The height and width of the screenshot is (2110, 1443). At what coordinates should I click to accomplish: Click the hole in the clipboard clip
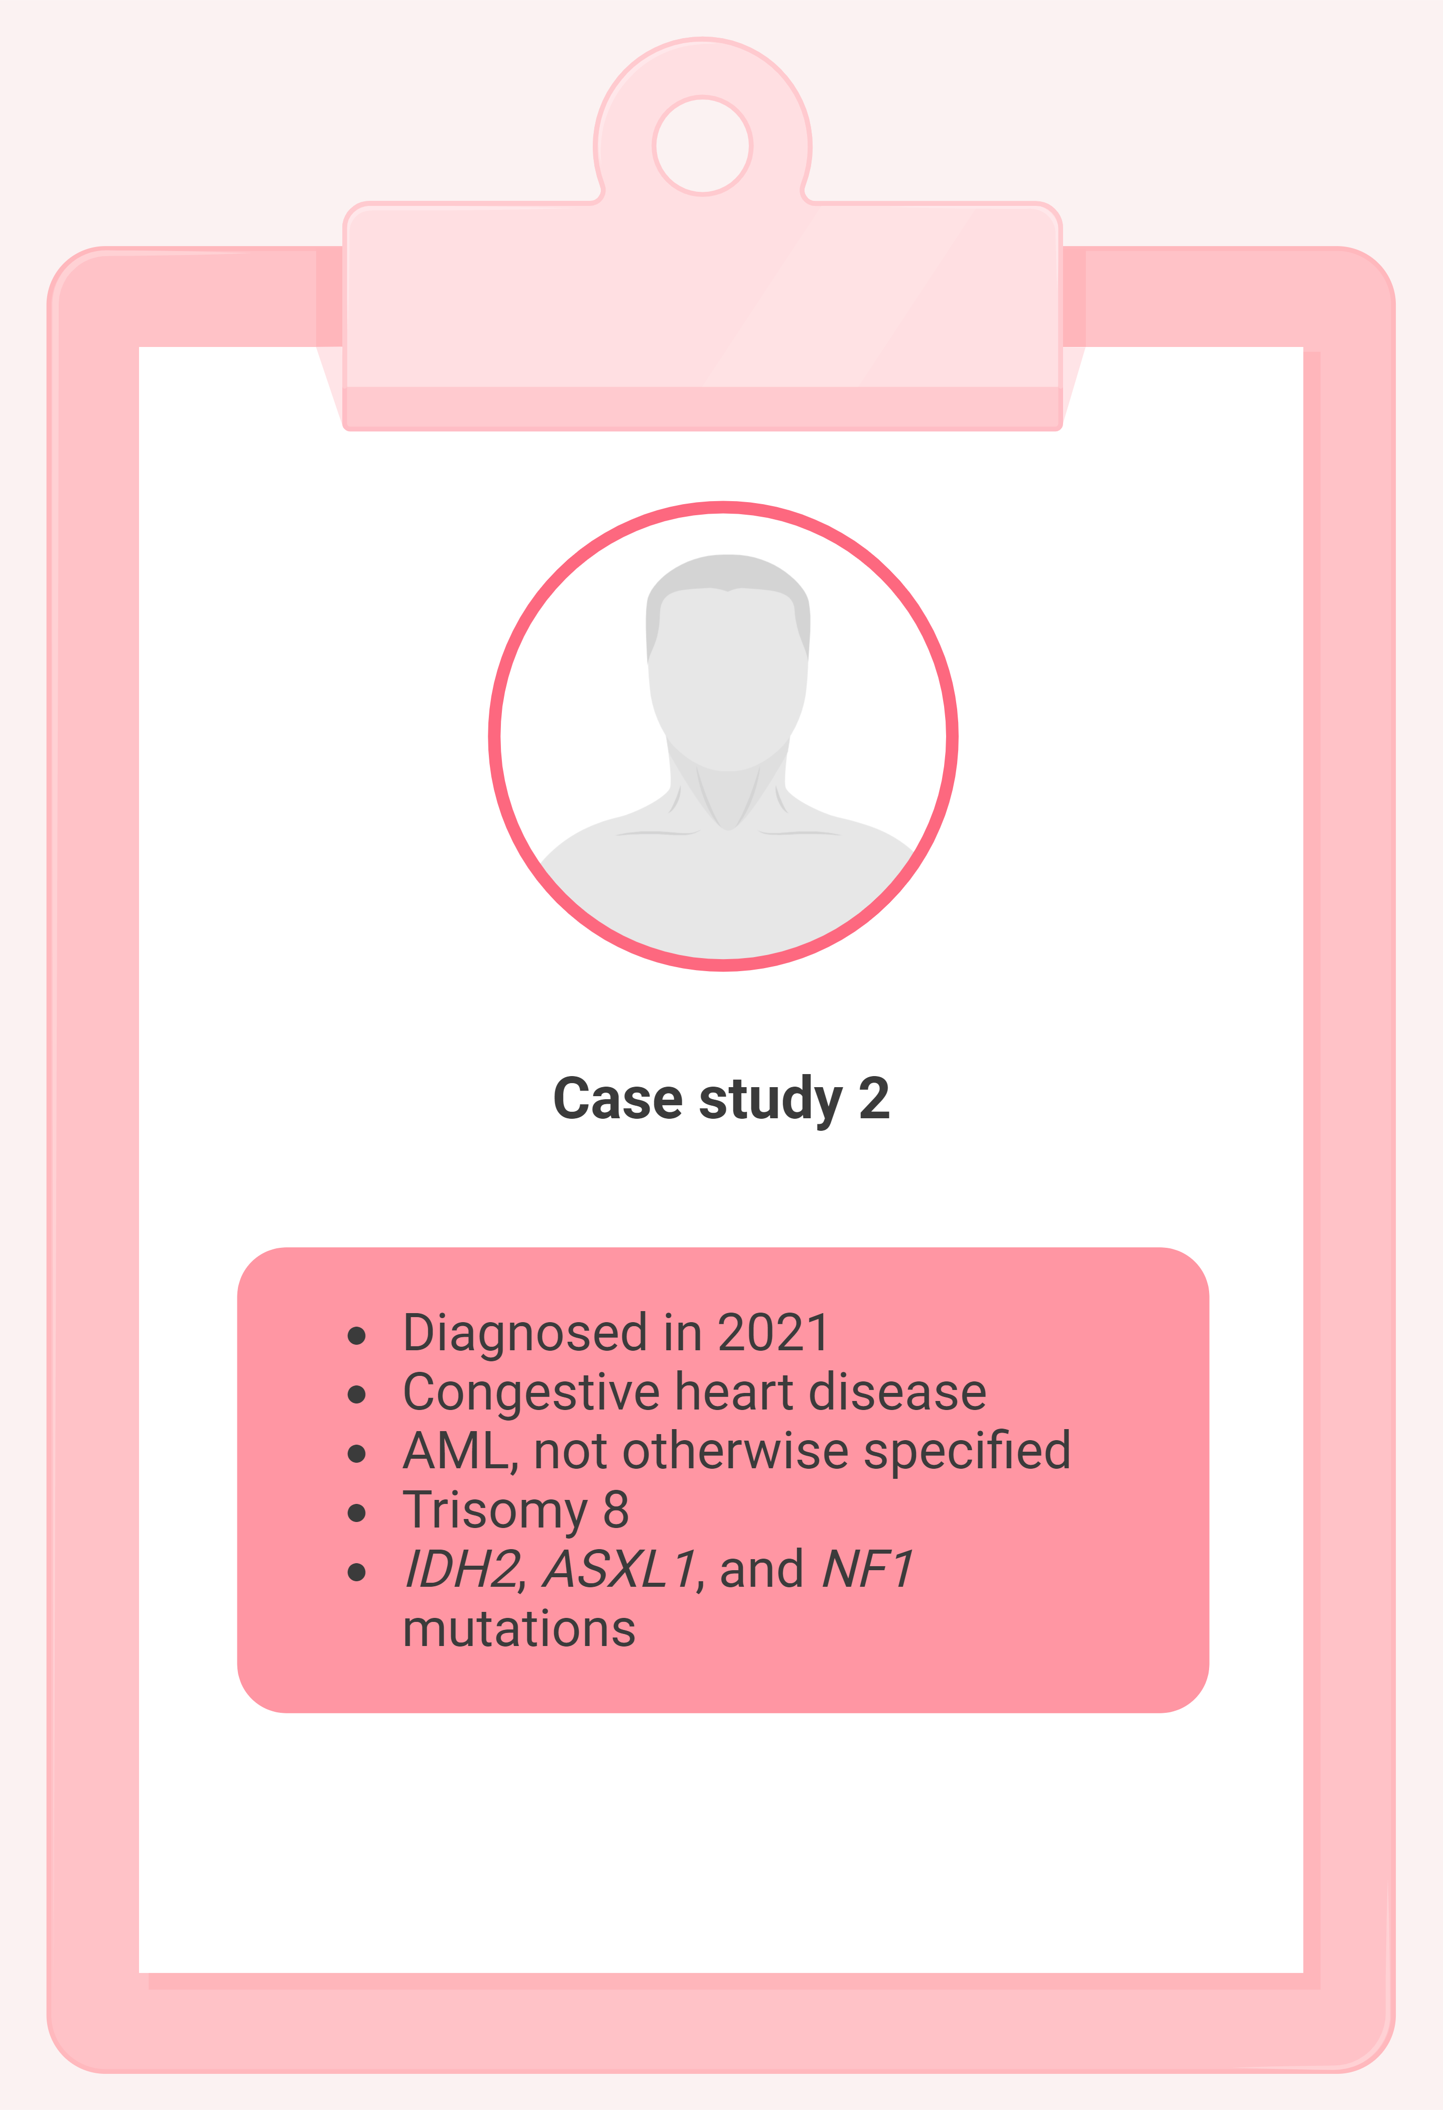pos(703,145)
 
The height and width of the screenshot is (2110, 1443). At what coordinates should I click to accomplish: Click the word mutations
pos(519,1629)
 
